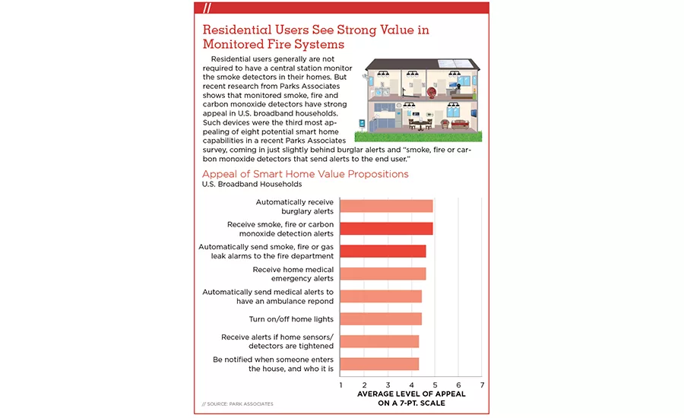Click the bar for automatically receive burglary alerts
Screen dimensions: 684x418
pos(386,206)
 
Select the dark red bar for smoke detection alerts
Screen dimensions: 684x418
pos(386,229)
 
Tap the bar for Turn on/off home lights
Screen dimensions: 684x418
pos(381,319)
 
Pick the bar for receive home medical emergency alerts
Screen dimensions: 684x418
pos(382,274)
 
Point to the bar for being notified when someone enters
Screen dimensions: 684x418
pos(379,364)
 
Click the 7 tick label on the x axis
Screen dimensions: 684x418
pos(482,385)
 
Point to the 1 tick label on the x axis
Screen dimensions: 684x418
pos(340,385)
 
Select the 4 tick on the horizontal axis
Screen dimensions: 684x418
pos(411,385)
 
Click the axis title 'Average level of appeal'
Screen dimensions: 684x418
pos(411,394)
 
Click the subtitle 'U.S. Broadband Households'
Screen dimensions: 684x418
pos(252,184)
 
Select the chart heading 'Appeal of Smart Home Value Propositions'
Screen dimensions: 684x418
pos(306,173)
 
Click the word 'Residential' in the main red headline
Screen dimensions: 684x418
pos(237,30)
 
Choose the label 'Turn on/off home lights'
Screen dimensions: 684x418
pos(291,319)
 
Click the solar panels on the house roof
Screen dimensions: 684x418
pos(456,64)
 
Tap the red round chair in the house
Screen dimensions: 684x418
pos(432,93)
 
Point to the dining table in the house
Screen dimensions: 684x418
pos(420,124)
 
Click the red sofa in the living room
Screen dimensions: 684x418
pos(461,125)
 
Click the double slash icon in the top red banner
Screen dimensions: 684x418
pos(207,8)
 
